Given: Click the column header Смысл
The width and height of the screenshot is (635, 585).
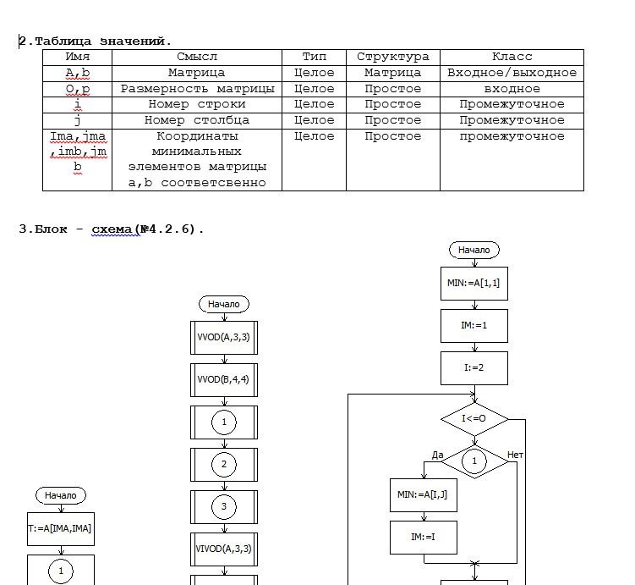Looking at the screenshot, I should click(197, 57).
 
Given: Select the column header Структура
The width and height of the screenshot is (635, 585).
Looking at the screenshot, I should click(392, 57).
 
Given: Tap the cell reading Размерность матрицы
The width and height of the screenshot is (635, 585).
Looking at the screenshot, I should click(197, 89).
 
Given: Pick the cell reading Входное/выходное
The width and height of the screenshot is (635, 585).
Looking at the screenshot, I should click(512, 73).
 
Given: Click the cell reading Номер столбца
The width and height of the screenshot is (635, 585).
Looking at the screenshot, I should click(197, 120).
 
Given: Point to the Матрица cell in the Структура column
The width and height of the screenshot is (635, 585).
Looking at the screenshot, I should click(392, 73).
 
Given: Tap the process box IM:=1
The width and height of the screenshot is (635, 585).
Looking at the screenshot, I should click(474, 325).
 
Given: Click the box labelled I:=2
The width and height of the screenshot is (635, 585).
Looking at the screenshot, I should click(474, 368).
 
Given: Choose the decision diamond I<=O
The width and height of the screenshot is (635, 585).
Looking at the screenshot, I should click(474, 419).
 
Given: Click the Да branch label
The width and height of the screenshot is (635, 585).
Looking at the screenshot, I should click(437, 455).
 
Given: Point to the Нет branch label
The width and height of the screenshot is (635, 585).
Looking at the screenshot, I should click(515, 455).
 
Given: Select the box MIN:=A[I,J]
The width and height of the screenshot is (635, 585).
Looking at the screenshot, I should click(423, 494).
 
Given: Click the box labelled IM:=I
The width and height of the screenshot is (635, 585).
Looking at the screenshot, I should click(423, 537).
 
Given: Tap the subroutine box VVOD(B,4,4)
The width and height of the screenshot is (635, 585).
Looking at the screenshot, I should click(223, 379).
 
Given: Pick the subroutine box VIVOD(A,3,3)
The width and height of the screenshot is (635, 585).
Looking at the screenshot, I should click(223, 549).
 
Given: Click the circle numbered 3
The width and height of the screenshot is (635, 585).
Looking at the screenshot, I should click(223, 507).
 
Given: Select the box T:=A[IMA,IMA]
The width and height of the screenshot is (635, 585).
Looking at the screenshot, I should click(60, 528).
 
